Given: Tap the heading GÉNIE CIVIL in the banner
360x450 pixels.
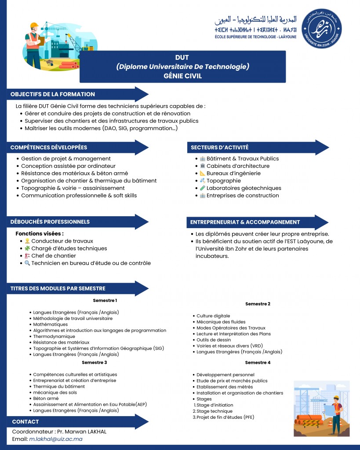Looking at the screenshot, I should (182, 76).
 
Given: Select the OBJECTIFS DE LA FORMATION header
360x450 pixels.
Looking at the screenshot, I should (53, 94).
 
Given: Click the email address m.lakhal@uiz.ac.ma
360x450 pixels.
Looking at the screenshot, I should (56, 439).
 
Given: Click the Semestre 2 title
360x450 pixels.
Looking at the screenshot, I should (258, 304).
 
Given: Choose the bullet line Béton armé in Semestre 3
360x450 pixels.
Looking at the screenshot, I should (46, 398).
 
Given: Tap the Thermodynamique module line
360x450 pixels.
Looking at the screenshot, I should (54, 336).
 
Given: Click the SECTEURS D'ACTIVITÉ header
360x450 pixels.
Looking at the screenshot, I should (219, 147).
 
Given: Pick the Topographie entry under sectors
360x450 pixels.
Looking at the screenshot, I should (223, 181).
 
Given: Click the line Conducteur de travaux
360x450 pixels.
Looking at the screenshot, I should (62, 241).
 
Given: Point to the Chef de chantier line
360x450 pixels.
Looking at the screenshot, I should (53, 256).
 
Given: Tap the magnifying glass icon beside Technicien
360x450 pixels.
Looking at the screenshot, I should (27, 263).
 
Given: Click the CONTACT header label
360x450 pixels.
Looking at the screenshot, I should (25, 421).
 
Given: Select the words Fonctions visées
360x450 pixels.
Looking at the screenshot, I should (40, 233).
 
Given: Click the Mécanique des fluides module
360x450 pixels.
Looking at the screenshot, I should (219, 322).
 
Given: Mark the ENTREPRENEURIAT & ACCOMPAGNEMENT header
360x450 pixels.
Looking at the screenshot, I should (245, 222).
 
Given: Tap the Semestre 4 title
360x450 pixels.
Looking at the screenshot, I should (258, 363).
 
